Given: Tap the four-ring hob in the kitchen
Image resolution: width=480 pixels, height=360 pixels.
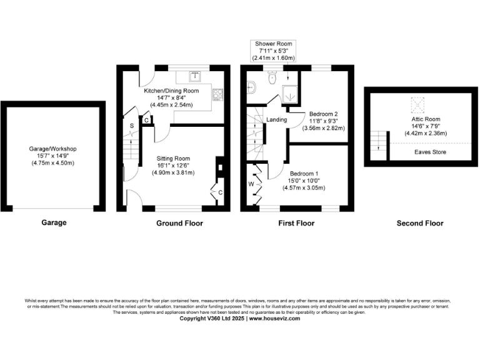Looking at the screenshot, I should (x=219, y=94).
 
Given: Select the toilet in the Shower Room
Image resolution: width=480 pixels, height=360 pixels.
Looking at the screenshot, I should (x=272, y=79).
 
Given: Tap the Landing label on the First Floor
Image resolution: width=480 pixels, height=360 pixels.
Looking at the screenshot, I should (x=276, y=119).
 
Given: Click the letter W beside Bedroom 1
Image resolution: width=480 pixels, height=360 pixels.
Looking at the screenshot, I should (x=251, y=184).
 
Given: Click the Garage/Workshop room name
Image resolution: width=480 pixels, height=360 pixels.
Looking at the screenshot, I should (x=53, y=149).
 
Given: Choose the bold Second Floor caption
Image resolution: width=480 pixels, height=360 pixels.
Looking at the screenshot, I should (x=419, y=223).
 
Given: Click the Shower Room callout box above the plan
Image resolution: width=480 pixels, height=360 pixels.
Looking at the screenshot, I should (x=272, y=51).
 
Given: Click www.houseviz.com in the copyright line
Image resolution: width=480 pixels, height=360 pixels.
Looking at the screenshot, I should (x=274, y=318).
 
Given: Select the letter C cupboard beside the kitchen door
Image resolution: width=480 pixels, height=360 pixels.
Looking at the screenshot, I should (x=146, y=120).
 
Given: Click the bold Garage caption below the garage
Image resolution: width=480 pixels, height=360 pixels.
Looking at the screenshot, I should (x=54, y=222).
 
